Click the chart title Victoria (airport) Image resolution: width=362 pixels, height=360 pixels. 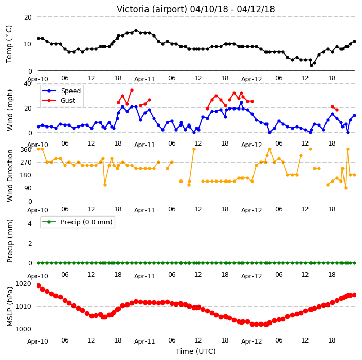point(152,9)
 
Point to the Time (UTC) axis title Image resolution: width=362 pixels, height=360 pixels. point(196,351)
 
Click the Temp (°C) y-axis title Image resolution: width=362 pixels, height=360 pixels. point(9,44)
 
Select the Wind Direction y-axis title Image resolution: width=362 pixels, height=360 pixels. point(10,175)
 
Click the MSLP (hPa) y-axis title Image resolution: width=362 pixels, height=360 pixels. point(10,307)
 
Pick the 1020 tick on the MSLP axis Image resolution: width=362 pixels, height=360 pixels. point(23,283)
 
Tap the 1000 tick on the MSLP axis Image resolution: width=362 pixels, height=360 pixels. point(23,329)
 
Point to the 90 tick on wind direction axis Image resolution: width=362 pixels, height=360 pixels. point(28,188)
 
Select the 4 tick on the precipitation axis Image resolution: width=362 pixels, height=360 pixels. point(30,223)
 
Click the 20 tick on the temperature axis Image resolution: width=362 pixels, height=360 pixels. point(28,17)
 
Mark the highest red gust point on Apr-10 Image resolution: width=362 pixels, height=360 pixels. point(132,91)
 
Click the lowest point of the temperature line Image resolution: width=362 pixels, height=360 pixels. point(311,66)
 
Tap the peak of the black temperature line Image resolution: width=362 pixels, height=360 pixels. point(136,30)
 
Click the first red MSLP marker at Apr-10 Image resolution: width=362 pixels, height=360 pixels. point(38,286)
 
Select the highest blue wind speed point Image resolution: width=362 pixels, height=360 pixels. point(241,103)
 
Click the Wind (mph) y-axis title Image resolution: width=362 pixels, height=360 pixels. point(10,110)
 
